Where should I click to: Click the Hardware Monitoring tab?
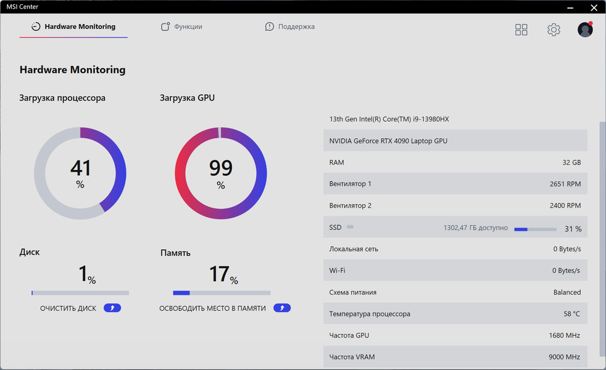73,27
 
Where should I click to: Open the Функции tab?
181,27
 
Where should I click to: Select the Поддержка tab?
290,27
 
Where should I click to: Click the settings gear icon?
554,30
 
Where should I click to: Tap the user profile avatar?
585,30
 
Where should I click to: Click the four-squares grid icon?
521,30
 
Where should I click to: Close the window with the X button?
594,7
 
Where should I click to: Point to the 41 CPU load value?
80,168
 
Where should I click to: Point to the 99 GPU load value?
220,168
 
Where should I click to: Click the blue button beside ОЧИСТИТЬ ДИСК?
112,308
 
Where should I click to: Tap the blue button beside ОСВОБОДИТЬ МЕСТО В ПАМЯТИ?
282,308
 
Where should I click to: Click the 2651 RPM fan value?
565,184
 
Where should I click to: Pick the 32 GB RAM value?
571,163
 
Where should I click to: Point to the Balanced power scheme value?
567,292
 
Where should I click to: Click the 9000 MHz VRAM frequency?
564,357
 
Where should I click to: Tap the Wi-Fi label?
338,271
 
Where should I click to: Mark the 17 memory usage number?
219,274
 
